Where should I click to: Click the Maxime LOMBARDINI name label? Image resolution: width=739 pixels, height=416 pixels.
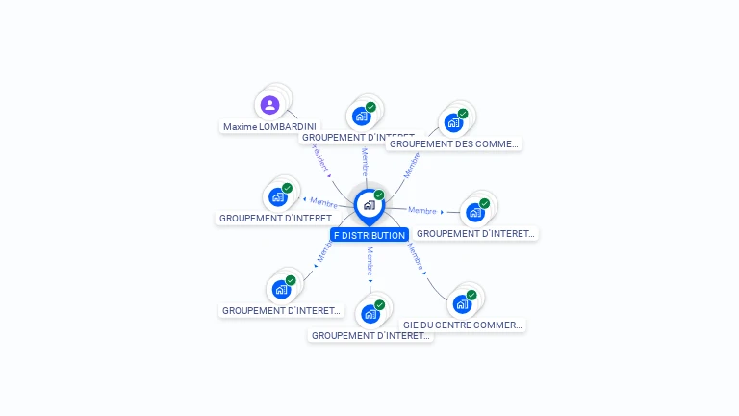point(269,126)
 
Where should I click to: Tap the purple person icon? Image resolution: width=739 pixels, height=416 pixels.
point(269,104)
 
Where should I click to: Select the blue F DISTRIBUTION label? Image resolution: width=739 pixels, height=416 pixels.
point(369,235)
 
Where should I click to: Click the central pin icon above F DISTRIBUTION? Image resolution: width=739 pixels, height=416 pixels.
point(369,204)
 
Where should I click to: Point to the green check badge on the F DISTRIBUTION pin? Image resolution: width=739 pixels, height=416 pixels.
point(379,195)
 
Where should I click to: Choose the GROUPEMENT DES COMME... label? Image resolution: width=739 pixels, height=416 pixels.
point(453,144)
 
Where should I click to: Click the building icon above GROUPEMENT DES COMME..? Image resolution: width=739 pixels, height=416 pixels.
point(452,122)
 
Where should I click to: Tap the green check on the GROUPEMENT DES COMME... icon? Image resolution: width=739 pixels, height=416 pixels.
point(463,114)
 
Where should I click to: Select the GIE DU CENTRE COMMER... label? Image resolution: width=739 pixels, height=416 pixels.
point(463,325)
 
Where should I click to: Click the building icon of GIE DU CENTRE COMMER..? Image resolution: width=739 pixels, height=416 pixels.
point(461,304)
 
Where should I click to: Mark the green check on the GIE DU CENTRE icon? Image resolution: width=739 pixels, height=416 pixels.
point(471,295)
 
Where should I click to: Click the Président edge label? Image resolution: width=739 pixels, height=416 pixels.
point(320,159)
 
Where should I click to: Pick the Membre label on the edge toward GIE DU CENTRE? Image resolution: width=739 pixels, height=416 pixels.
point(415,255)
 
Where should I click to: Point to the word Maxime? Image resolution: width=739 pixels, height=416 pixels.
point(241,126)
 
